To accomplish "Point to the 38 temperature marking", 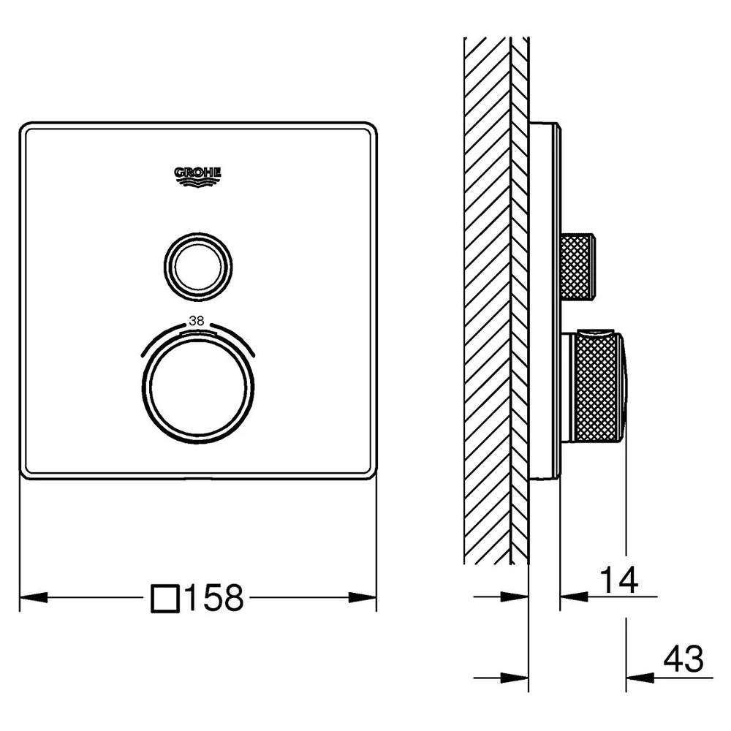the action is [x=196, y=321].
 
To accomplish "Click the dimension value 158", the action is [x=214, y=598].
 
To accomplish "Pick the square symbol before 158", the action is [x=165, y=599].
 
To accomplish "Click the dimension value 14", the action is [x=618, y=580].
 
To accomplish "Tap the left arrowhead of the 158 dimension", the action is [x=34, y=597].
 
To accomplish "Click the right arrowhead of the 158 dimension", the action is [x=363, y=597].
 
